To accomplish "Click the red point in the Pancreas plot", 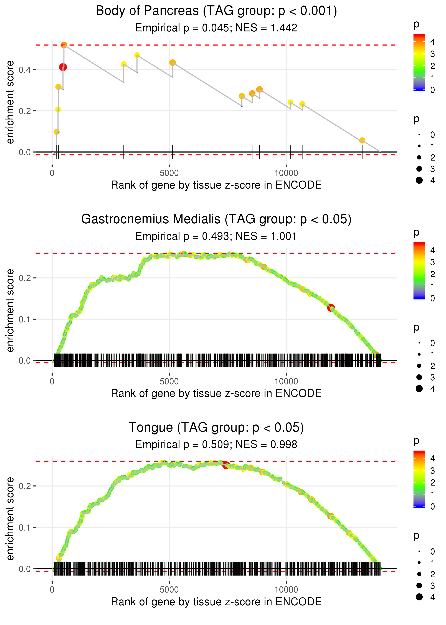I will click(63, 67).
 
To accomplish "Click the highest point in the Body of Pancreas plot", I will click(64, 45).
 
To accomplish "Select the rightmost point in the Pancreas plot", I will click(362, 140).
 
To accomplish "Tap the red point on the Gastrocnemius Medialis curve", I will click(331, 308).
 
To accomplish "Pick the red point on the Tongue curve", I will click(226, 465).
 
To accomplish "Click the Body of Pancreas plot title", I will click(216, 11).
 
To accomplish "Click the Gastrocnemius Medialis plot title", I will click(216, 219).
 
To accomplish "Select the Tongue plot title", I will click(216, 427).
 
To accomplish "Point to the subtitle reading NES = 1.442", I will click(216, 28).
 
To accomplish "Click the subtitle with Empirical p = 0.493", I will click(216, 236).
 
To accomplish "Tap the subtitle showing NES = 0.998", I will click(216, 444).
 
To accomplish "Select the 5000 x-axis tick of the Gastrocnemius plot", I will click(169, 381).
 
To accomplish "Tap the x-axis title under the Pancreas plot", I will click(216, 185).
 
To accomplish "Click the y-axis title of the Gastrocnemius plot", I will click(10, 310).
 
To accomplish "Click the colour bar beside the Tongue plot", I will click(419, 479).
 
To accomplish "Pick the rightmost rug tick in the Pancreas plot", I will click(362, 152).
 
